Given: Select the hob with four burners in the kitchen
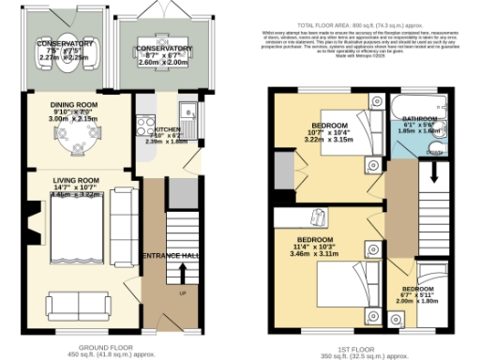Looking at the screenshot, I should coord(145,122).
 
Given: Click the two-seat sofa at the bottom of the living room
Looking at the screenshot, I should coord(74,305).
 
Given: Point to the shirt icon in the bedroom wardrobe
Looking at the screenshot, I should coord(316,217).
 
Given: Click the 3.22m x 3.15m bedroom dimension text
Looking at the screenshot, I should coord(329,140).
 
